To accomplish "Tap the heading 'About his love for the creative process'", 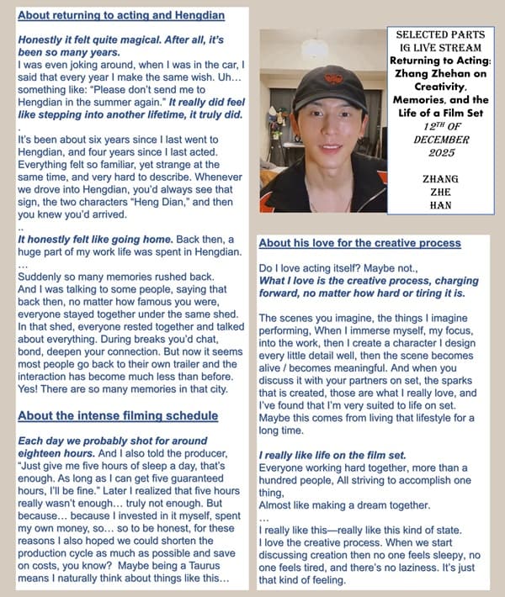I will (x=359, y=243).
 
